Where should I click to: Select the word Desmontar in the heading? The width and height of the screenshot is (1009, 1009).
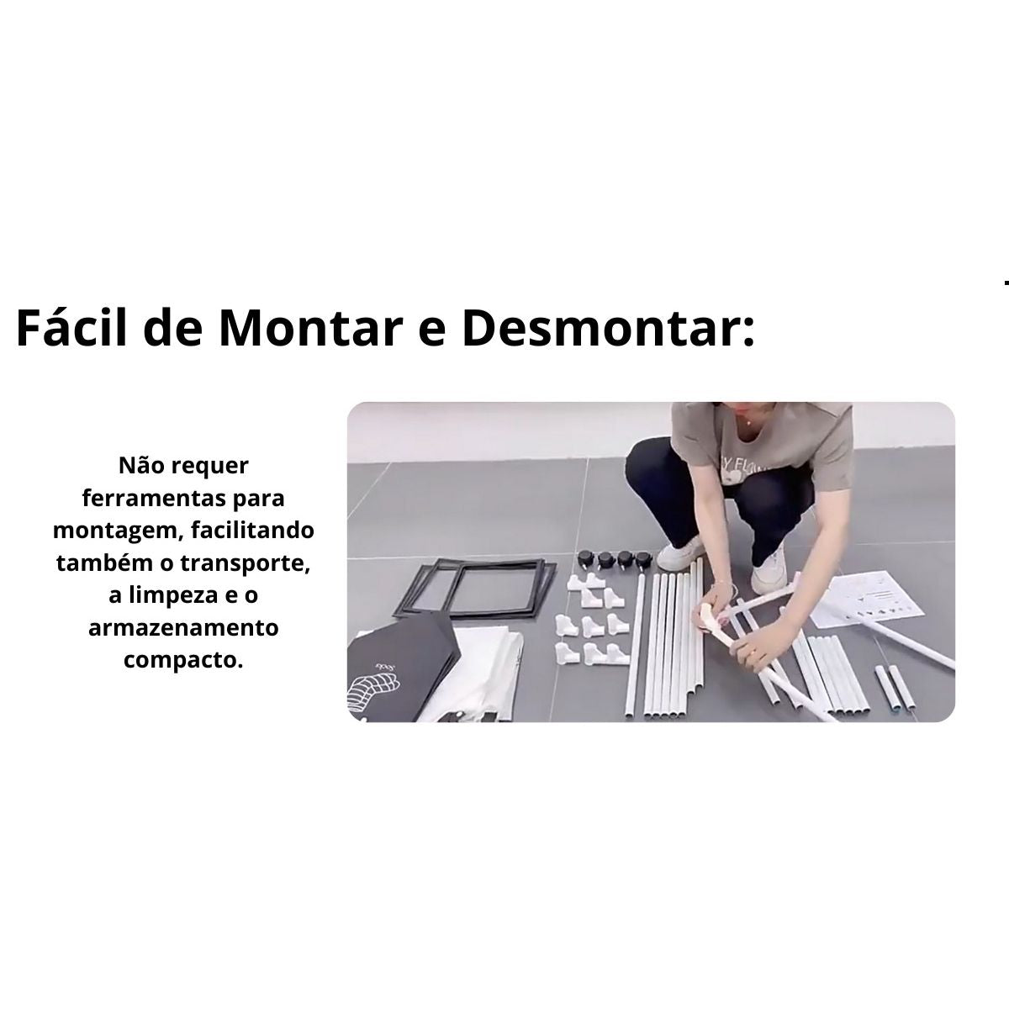602,328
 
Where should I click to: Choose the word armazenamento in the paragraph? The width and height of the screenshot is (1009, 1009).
183,628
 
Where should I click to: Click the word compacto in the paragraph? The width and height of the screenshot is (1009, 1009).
183,661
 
